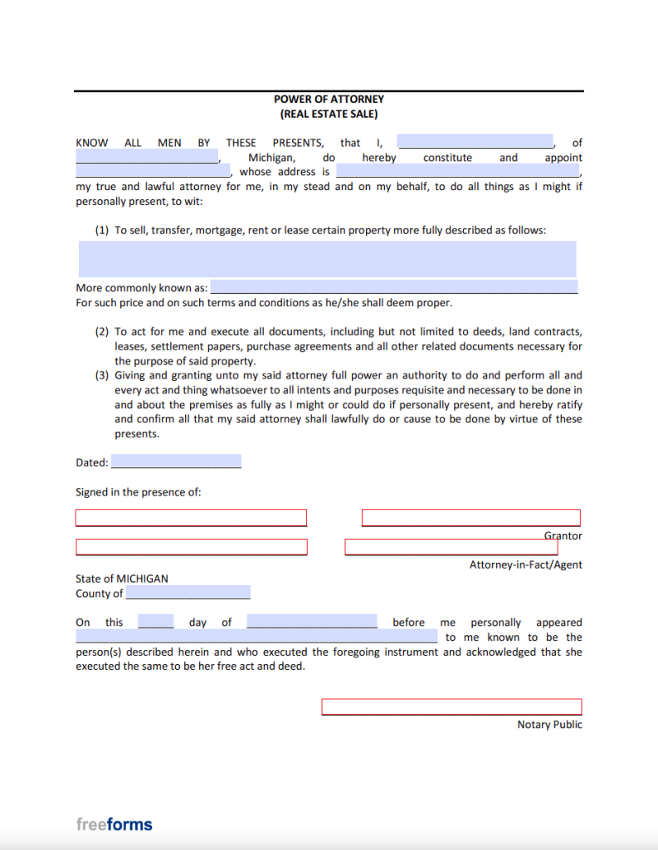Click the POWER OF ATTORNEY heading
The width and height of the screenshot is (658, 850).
click(329, 100)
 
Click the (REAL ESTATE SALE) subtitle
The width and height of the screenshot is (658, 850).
click(329, 115)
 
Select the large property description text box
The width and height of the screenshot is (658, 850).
click(327, 259)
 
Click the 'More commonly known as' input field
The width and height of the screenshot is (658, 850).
click(393, 287)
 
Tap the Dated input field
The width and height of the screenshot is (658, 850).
click(176, 462)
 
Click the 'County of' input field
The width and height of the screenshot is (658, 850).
click(188, 593)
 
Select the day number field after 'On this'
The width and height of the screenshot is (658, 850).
click(155, 622)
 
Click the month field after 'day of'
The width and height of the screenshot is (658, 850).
click(311, 622)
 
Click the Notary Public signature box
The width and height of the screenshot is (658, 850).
click(451, 707)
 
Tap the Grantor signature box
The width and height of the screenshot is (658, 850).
click(470, 518)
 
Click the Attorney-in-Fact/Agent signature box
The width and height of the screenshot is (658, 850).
click(451, 548)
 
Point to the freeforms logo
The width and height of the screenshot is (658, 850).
click(114, 824)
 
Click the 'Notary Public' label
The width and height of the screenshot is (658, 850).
click(549, 725)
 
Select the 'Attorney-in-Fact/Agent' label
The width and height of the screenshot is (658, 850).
click(525, 564)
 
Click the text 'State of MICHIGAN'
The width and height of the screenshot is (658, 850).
click(121, 579)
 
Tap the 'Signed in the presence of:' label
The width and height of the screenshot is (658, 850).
click(138, 492)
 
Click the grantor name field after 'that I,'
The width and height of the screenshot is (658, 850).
click(475, 142)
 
